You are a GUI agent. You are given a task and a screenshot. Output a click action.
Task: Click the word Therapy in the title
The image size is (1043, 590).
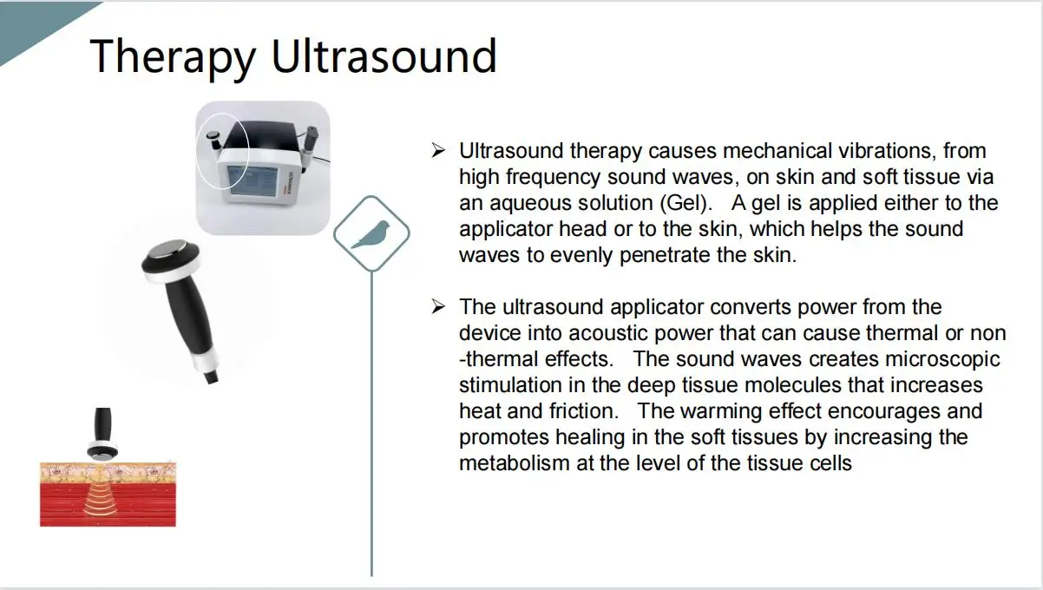click(x=173, y=57)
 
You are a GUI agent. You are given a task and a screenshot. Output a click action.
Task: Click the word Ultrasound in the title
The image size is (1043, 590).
click(x=384, y=56)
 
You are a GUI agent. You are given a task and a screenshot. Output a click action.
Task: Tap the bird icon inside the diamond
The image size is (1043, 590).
click(x=371, y=234)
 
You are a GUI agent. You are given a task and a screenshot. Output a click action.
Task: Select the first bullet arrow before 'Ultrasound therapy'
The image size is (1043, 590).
click(x=438, y=150)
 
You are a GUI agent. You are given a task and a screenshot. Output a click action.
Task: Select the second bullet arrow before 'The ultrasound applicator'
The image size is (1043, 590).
click(x=438, y=306)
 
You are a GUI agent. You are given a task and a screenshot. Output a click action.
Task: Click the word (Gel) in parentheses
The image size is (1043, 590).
click(x=685, y=203)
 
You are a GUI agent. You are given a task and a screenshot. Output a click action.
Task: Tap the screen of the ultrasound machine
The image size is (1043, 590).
click(x=253, y=181)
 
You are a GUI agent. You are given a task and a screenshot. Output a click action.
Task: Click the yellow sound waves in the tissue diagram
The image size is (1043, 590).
click(x=101, y=501)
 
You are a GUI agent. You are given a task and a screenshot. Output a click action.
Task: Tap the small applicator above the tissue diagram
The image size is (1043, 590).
click(x=102, y=434)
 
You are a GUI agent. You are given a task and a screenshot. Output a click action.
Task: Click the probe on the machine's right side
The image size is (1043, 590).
click(x=309, y=145)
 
